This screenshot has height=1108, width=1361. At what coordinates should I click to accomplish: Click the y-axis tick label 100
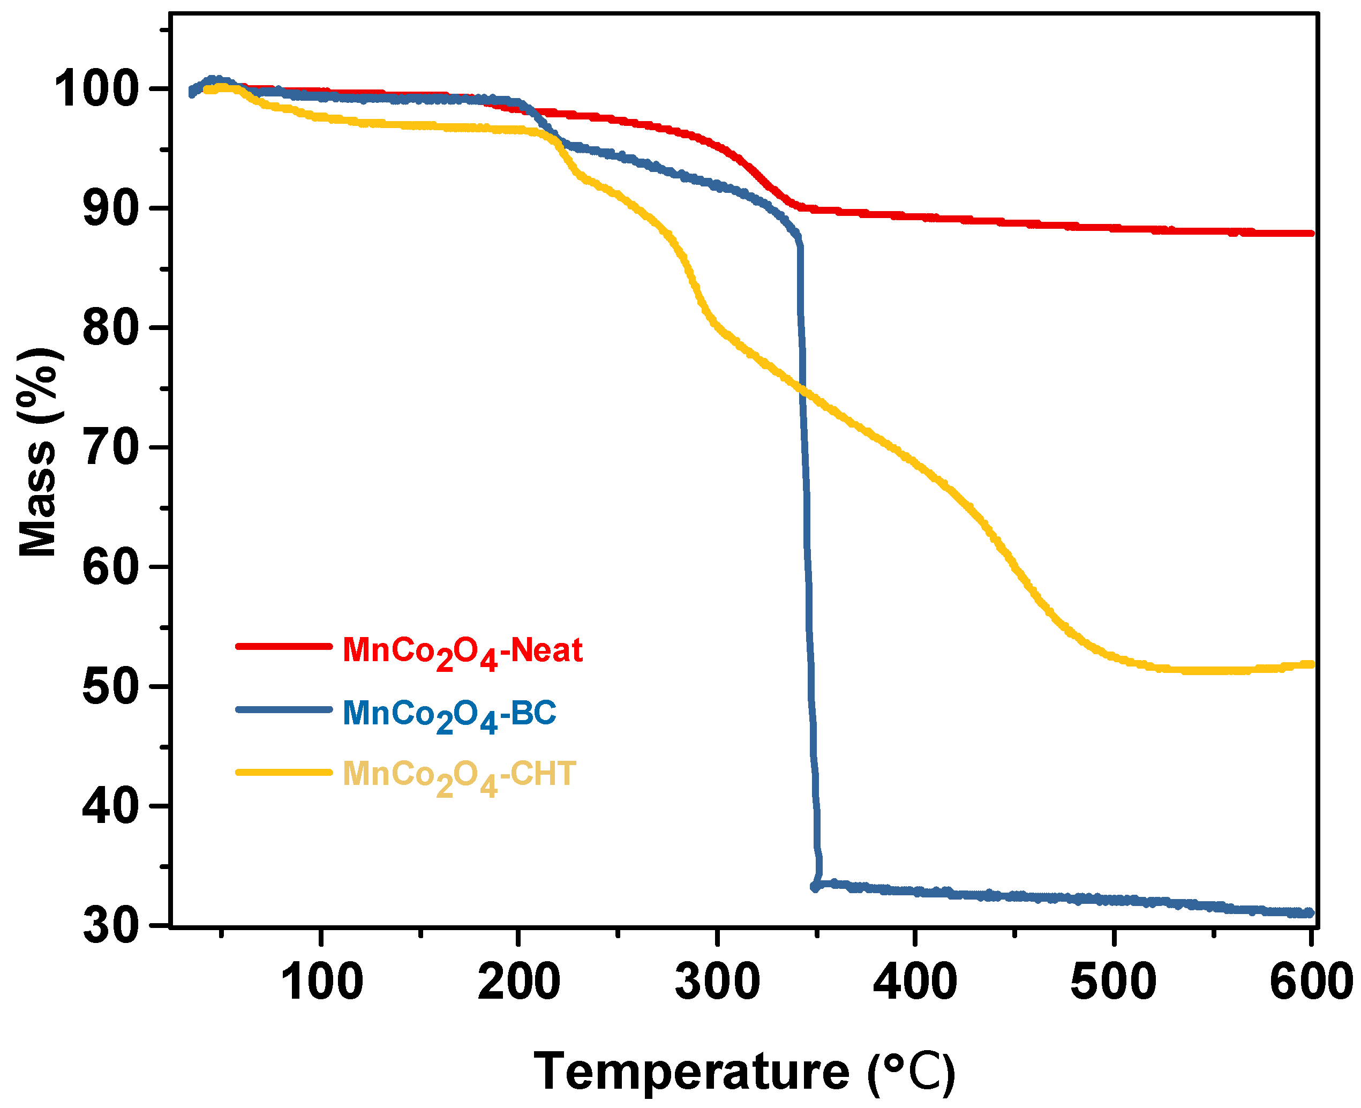tap(96, 89)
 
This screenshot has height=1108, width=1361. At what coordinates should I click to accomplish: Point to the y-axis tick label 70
tap(111, 448)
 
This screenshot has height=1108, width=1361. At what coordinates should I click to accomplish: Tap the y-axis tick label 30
tap(111, 926)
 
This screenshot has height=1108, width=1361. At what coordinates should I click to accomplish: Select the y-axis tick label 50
tap(111, 687)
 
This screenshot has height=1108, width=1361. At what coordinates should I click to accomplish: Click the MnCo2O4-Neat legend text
tap(462, 652)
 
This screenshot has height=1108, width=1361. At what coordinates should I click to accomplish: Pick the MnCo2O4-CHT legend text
tap(459, 775)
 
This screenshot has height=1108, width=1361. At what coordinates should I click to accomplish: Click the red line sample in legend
tap(283, 646)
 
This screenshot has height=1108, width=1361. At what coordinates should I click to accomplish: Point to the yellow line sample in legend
tap(283, 772)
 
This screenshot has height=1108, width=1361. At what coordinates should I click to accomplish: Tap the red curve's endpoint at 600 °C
tap(1310, 233)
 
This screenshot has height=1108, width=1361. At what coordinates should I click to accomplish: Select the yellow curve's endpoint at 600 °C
tap(1310, 664)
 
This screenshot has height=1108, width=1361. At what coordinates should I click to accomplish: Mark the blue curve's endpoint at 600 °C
tap(1310, 912)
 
